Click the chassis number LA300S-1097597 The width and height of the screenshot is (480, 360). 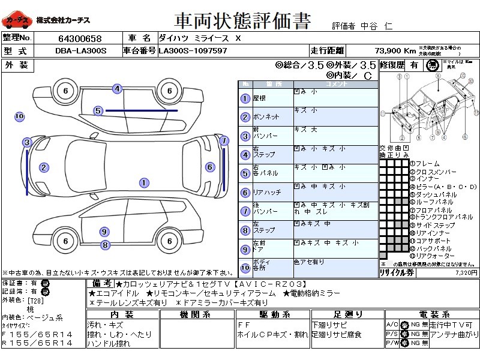click(193, 51)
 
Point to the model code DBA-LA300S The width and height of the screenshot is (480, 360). click(80, 51)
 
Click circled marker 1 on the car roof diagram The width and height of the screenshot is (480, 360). click(143, 182)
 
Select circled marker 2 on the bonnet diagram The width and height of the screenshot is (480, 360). click(43, 167)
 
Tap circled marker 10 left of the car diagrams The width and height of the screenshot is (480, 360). click(19, 116)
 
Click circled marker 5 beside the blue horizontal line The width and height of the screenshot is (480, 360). click(98, 110)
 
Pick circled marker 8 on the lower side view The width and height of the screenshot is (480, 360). click(105, 244)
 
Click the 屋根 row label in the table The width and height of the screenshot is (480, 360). click(260, 98)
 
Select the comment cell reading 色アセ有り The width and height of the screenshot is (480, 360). click(309, 262)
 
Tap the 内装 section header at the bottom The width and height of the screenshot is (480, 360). click(122, 314)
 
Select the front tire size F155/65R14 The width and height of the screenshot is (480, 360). click(37, 334)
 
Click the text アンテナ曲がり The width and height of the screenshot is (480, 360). click(455, 334)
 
